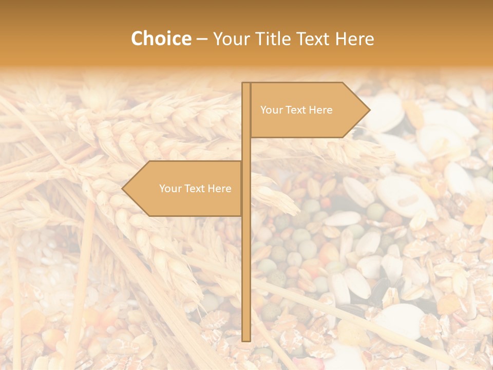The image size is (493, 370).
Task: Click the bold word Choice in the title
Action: pos(161,39)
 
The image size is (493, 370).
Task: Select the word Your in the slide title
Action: pos(230,39)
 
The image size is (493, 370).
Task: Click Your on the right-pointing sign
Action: pos(271,110)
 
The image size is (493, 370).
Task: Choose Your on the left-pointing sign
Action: pos(170,189)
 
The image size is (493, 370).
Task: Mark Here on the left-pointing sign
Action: pos(219,189)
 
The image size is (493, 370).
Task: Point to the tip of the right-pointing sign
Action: pos(369,109)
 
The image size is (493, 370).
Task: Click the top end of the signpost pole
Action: pos(246,84)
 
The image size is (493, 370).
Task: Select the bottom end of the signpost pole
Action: pos(246,340)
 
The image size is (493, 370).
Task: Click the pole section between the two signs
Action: pos(246,149)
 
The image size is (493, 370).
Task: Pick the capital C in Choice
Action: pos(138,39)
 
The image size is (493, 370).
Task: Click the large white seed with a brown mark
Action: pos(403,195)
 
